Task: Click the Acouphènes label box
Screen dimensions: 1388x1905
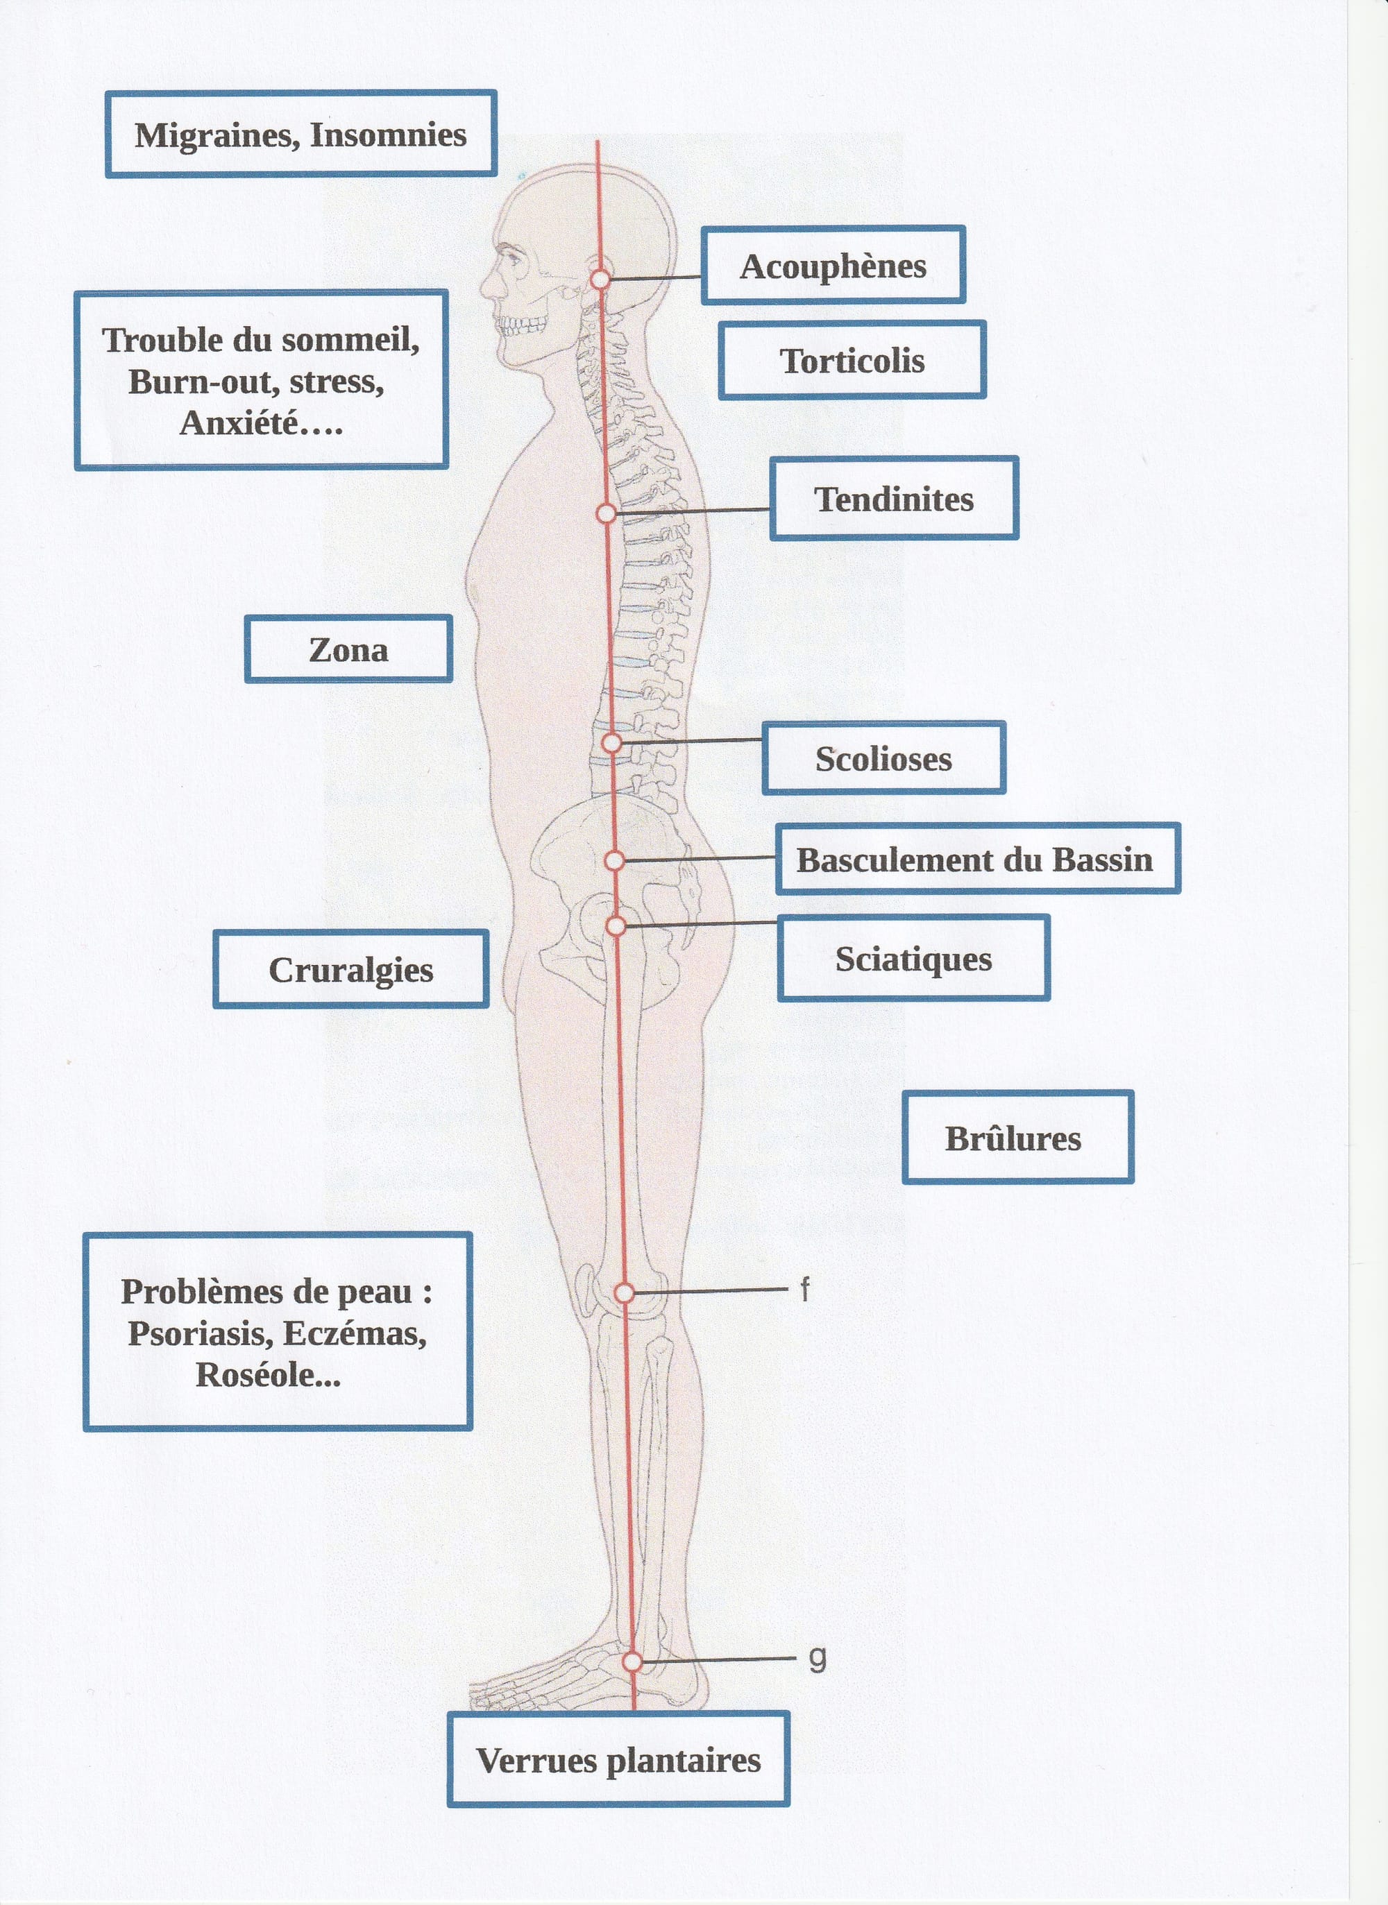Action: (x=833, y=264)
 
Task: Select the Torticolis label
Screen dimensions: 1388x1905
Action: (x=852, y=359)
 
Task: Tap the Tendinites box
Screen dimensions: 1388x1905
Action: (x=894, y=498)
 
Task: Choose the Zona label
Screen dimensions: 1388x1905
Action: (x=348, y=649)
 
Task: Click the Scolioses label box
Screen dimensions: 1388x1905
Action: (x=884, y=758)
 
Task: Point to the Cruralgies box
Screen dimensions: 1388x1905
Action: (x=351, y=968)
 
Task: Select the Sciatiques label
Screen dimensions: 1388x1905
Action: (x=913, y=957)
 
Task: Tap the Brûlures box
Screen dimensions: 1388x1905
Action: (x=1017, y=1137)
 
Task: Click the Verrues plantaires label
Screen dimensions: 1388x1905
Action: (x=618, y=1759)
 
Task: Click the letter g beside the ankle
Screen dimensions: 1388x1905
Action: (x=818, y=1659)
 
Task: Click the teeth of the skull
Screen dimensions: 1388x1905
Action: (x=522, y=324)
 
